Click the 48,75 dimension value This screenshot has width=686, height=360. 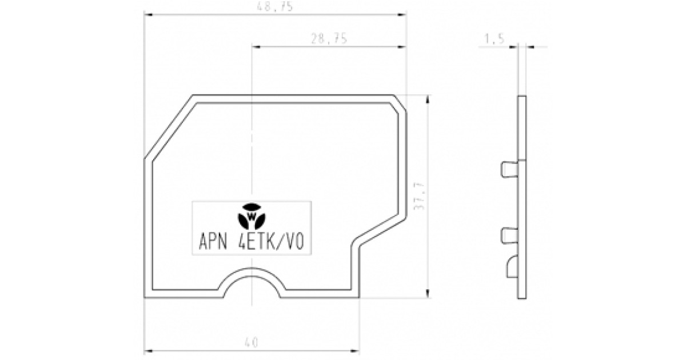pos(275,7)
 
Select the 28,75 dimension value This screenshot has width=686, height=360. pos(329,39)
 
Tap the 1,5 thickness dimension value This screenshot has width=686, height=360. pos(494,39)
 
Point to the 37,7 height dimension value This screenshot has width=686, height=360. pos(419,197)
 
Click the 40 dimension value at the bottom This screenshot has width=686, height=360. pos(252,342)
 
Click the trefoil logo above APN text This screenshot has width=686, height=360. pos(252,216)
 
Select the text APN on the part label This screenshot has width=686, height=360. pos(213,242)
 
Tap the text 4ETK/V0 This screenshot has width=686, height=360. pos(271,242)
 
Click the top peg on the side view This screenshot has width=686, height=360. pos(509,169)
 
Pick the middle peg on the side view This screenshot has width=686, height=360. pos(509,236)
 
